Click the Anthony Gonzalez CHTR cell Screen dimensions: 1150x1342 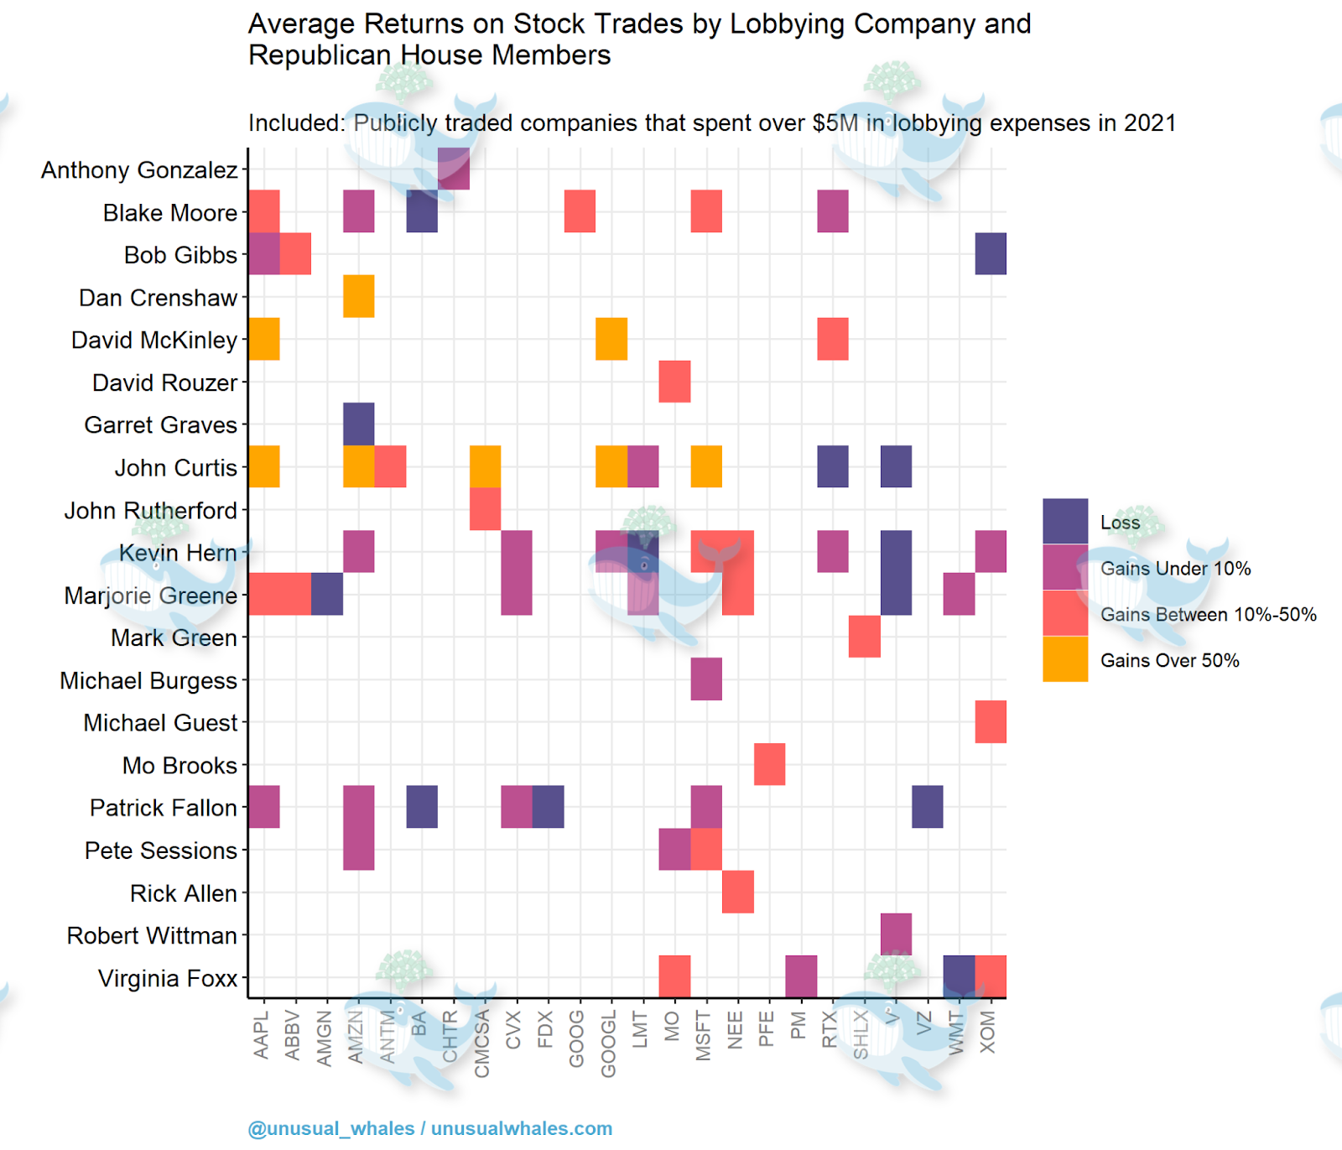[454, 169]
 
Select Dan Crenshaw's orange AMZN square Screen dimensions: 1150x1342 [359, 296]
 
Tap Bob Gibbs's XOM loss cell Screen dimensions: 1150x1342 [991, 254]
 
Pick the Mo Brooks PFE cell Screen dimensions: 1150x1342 [769, 764]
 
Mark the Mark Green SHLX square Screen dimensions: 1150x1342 [864, 637]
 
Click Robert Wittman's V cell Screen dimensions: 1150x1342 [896, 934]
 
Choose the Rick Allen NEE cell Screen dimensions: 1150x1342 [738, 892]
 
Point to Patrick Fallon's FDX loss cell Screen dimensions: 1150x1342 [549, 807]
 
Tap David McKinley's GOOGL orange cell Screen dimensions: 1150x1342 [611, 339]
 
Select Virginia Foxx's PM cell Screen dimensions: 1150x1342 [801, 976]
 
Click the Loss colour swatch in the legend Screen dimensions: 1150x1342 [1065, 522]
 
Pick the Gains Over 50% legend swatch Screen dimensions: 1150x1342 [1065, 659]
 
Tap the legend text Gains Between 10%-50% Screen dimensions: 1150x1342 [1208, 615]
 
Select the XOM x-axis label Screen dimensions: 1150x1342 [988, 1032]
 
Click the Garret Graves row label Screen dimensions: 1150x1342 [160, 425]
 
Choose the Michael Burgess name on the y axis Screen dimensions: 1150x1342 [148, 680]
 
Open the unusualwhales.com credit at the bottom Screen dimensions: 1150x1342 [521, 1129]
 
